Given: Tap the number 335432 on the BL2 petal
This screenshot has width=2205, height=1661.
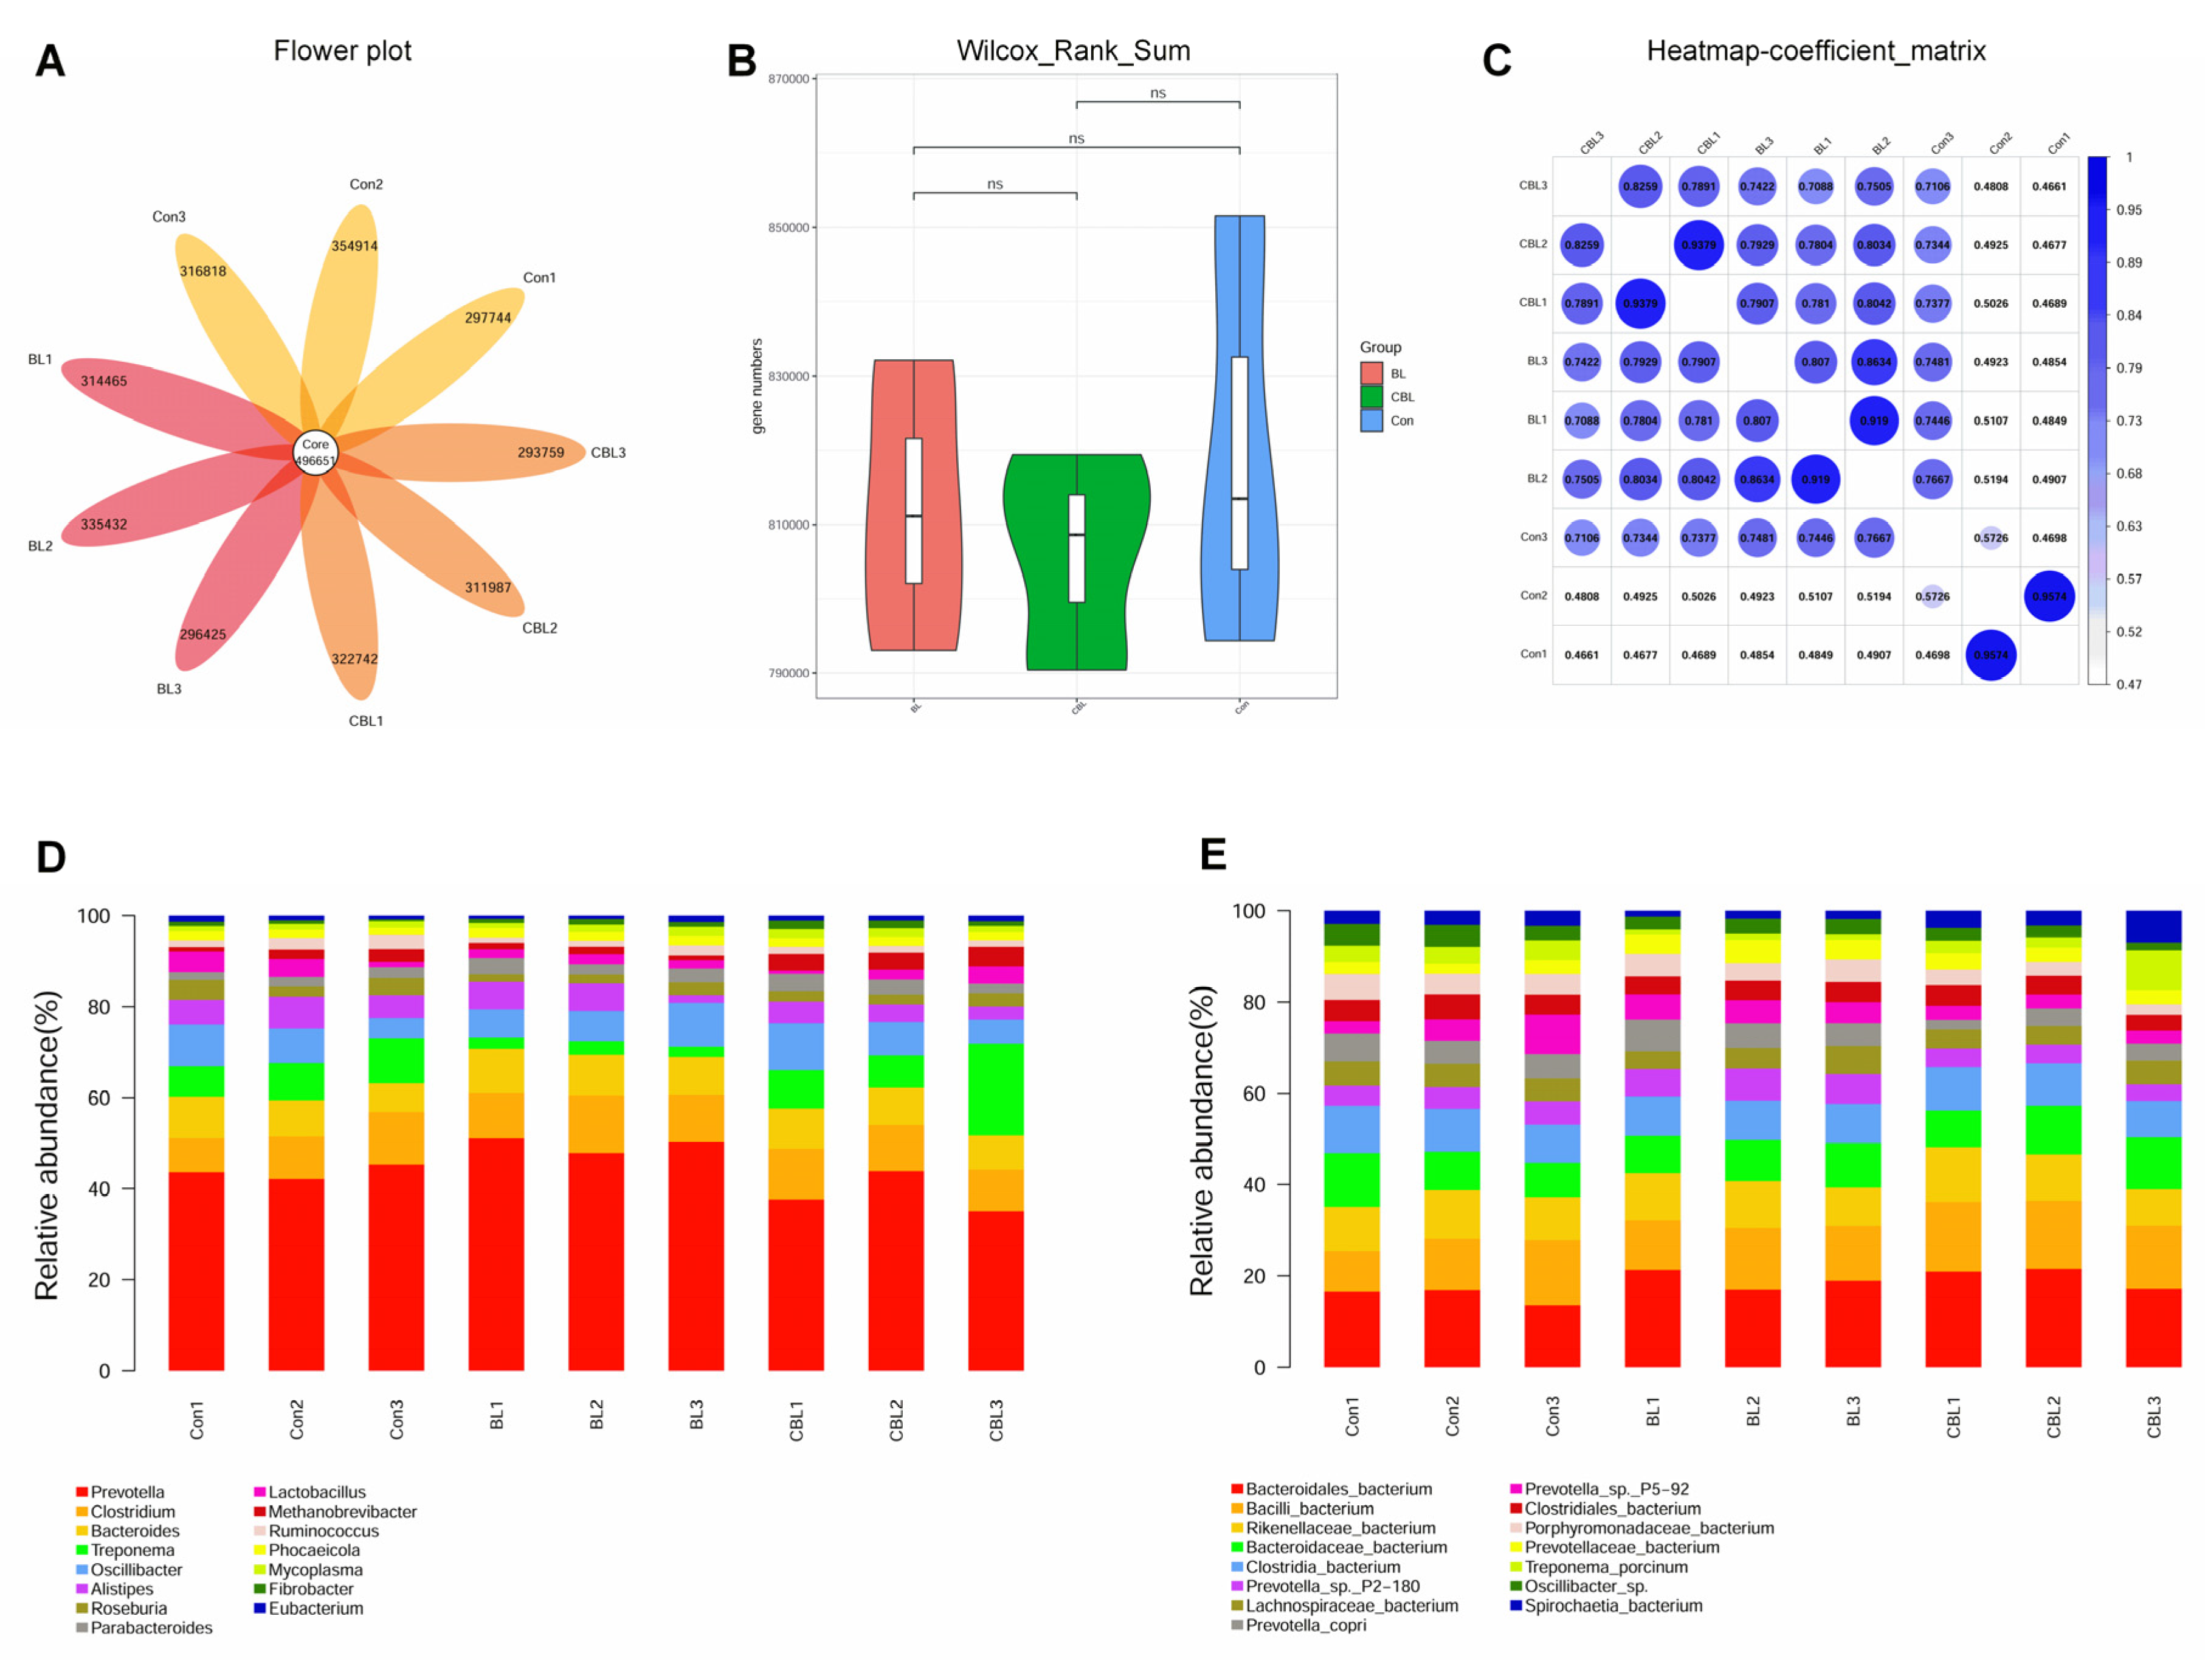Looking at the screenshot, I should [104, 525].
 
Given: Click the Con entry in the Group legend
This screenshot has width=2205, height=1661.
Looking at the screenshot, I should [1401, 421].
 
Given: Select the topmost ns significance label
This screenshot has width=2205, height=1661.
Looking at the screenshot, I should [1158, 93].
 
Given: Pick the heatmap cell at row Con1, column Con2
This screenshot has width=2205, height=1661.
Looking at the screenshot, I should [1990, 655].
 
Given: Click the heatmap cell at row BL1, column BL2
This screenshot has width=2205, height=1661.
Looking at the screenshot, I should [1873, 421].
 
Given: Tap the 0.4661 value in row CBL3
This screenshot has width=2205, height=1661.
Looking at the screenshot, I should [2049, 187].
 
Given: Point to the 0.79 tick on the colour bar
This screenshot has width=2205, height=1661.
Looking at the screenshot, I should [2129, 368].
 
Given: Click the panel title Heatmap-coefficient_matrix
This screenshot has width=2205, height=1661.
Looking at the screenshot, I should [1815, 51].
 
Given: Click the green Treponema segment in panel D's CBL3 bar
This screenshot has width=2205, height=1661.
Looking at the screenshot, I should [996, 1089].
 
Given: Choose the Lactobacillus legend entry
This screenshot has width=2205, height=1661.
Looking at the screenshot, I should [316, 1493].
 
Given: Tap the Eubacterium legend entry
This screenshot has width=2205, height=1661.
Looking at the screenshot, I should [315, 1608].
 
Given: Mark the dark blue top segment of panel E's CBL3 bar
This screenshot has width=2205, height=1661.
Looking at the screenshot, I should [2153, 926].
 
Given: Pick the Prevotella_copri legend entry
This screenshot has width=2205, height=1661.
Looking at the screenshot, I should [1305, 1625].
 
